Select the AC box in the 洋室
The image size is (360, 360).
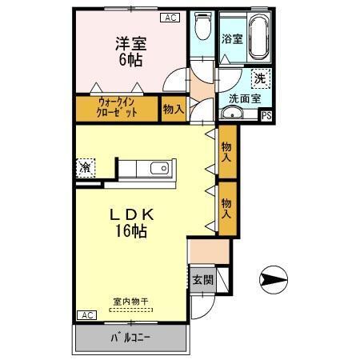[170, 17]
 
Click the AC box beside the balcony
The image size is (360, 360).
[86, 315]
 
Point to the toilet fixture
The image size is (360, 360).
[203, 29]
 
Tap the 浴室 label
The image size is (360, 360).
[232, 38]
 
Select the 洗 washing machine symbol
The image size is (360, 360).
[260, 78]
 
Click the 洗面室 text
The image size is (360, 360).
[244, 98]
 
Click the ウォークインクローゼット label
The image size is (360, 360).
[117, 108]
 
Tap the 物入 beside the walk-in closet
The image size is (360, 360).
[172, 109]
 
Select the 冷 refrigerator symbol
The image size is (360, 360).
[85, 167]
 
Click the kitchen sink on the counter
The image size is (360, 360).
[157, 168]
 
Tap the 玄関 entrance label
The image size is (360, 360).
[202, 280]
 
